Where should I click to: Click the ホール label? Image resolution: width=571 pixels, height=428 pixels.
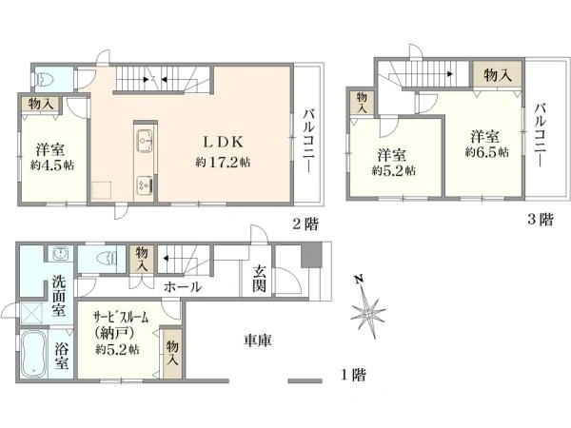click(x=181, y=285)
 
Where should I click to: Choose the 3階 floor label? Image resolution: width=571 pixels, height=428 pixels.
click(x=540, y=219)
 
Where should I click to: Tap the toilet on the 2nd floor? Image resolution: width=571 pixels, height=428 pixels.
click(x=48, y=79)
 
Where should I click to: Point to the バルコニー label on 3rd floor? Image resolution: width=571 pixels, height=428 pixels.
click(x=540, y=133)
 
